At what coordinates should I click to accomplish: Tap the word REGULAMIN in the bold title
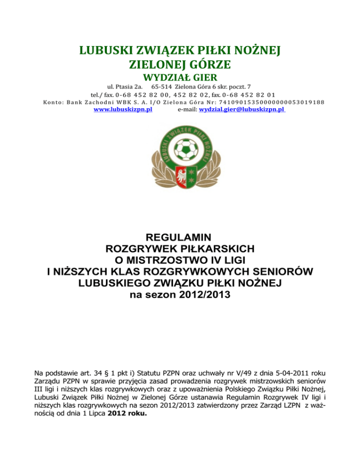point(180,237)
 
